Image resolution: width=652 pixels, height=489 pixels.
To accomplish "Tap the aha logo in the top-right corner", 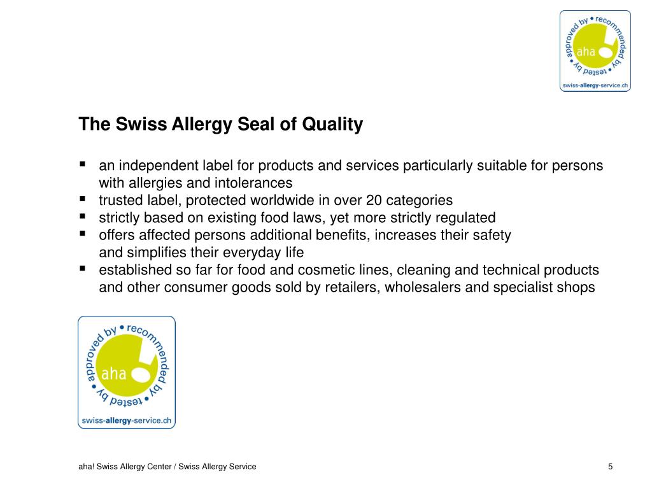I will (595, 50).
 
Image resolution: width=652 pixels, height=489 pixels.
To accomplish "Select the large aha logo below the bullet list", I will (126, 372).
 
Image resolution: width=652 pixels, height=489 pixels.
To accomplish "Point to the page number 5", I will (611, 467).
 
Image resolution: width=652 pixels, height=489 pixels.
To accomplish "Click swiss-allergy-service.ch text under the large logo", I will (126, 420).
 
